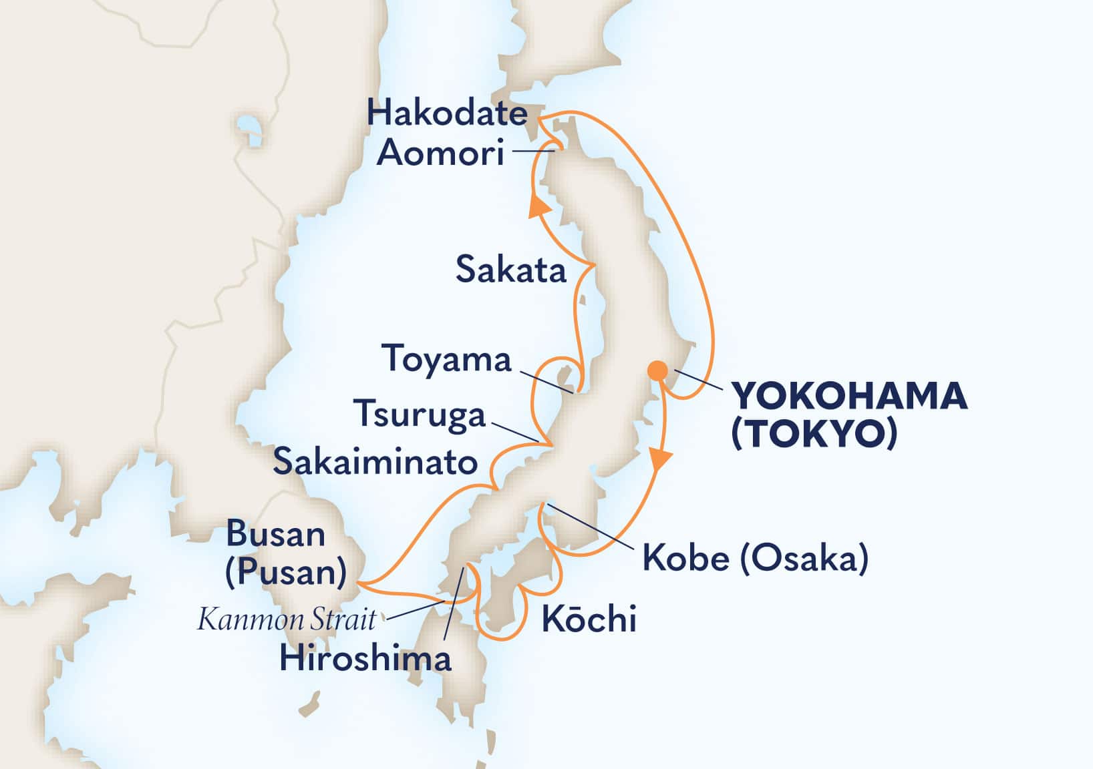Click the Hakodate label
click(x=447, y=114)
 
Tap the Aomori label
click(x=440, y=154)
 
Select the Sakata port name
click(x=510, y=270)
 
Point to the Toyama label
click(x=446, y=360)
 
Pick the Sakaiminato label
click(x=375, y=462)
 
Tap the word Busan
click(x=275, y=534)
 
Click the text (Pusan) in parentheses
click(x=285, y=572)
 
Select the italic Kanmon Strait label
click(x=287, y=620)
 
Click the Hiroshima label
click(x=365, y=659)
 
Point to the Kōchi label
click(x=589, y=620)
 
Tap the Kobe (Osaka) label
click(x=755, y=558)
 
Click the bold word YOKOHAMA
click(x=849, y=397)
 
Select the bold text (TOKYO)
click(x=814, y=435)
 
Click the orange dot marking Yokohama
click(x=657, y=370)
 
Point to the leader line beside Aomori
click(x=534, y=152)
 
